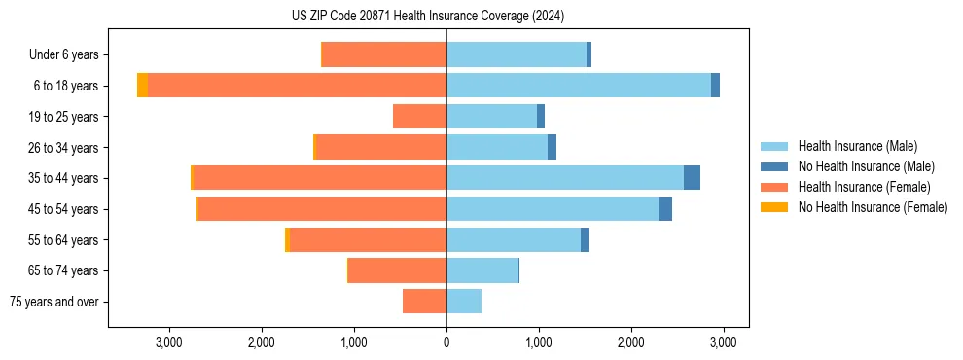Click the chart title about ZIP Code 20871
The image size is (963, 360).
427,17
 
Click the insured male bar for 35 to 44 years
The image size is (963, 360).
564,178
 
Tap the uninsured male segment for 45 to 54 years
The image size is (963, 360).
665,209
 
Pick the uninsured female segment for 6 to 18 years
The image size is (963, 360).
143,86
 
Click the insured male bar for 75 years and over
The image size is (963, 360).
464,302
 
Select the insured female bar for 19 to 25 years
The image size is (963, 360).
419,117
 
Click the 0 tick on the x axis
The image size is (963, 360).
446,342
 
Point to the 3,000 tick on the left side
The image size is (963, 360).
169,342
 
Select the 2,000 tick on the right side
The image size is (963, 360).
631,342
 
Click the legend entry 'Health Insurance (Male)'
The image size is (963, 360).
857,146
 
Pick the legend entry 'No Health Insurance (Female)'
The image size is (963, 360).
873,207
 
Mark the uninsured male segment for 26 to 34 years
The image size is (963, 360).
552,148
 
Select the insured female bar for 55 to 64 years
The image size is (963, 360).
368,240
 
